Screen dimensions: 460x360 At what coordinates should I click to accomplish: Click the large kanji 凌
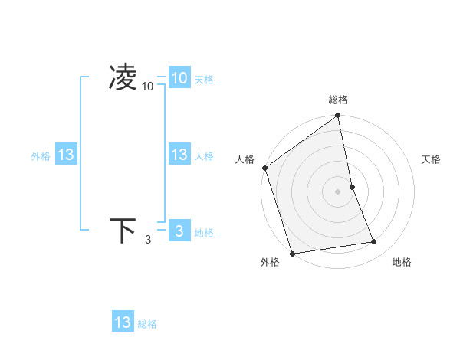(x=123, y=77)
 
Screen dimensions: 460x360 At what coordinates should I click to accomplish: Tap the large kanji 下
(x=123, y=231)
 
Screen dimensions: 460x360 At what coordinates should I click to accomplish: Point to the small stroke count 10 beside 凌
(x=148, y=87)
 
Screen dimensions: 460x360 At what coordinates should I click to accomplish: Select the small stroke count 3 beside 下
(x=148, y=240)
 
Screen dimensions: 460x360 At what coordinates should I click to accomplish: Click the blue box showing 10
(x=179, y=77)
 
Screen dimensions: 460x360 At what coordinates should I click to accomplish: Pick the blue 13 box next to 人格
(x=179, y=155)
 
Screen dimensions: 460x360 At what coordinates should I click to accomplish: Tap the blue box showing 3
(x=179, y=231)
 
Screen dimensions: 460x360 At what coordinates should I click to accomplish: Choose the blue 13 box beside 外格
(x=66, y=155)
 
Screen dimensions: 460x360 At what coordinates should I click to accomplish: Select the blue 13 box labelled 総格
(x=123, y=322)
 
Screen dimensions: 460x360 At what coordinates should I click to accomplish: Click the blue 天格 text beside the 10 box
(x=204, y=79)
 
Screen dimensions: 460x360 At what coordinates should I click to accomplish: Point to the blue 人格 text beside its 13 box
(x=204, y=156)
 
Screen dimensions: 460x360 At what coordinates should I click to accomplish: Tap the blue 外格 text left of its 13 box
(x=41, y=156)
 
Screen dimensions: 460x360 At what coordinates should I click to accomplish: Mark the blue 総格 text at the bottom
(x=147, y=324)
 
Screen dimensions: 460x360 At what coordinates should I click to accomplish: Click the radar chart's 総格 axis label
(x=338, y=100)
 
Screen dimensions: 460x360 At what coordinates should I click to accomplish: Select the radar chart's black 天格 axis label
(x=432, y=159)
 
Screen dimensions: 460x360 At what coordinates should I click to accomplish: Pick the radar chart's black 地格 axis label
(x=402, y=262)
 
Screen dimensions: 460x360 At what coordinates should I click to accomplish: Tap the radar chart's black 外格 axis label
(x=270, y=262)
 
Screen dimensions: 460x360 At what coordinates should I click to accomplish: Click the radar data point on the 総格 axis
(x=338, y=116)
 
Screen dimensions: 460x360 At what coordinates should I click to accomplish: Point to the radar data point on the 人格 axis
(x=264, y=168)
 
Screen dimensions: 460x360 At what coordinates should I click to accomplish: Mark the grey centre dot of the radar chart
(x=338, y=191)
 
